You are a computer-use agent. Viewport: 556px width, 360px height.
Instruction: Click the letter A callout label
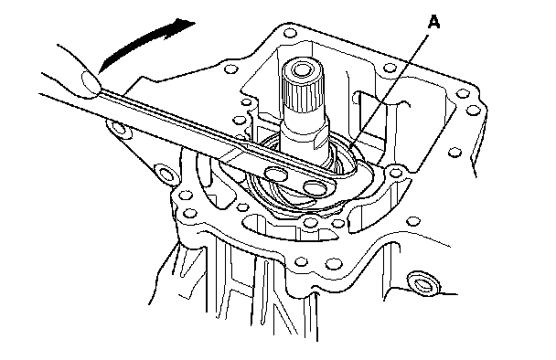click(x=433, y=22)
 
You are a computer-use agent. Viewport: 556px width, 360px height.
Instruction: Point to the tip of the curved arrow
click(x=195, y=24)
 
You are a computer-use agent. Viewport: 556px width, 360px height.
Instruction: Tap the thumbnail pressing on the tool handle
click(x=91, y=83)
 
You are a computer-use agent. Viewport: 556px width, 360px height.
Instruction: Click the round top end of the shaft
click(x=303, y=69)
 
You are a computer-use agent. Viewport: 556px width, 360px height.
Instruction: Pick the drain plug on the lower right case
click(x=423, y=282)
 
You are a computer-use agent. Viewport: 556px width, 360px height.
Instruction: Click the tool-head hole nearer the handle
click(x=277, y=174)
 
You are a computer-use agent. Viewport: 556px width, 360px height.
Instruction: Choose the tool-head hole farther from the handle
click(x=315, y=188)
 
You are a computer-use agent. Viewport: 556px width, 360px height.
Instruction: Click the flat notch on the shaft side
click(x=322, y=139)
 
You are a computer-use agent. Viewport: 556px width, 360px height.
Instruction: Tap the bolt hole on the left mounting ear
click(x=119, y=127)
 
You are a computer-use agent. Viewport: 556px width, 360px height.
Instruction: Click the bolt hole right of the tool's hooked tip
click(x=395, y=173)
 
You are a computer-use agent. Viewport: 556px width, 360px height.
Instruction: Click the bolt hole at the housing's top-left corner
click(x=290, y=33)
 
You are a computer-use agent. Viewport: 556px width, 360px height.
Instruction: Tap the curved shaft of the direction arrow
click(x=142, y=43)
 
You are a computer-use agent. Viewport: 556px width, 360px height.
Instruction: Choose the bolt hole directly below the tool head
click(x=311, y=223)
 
